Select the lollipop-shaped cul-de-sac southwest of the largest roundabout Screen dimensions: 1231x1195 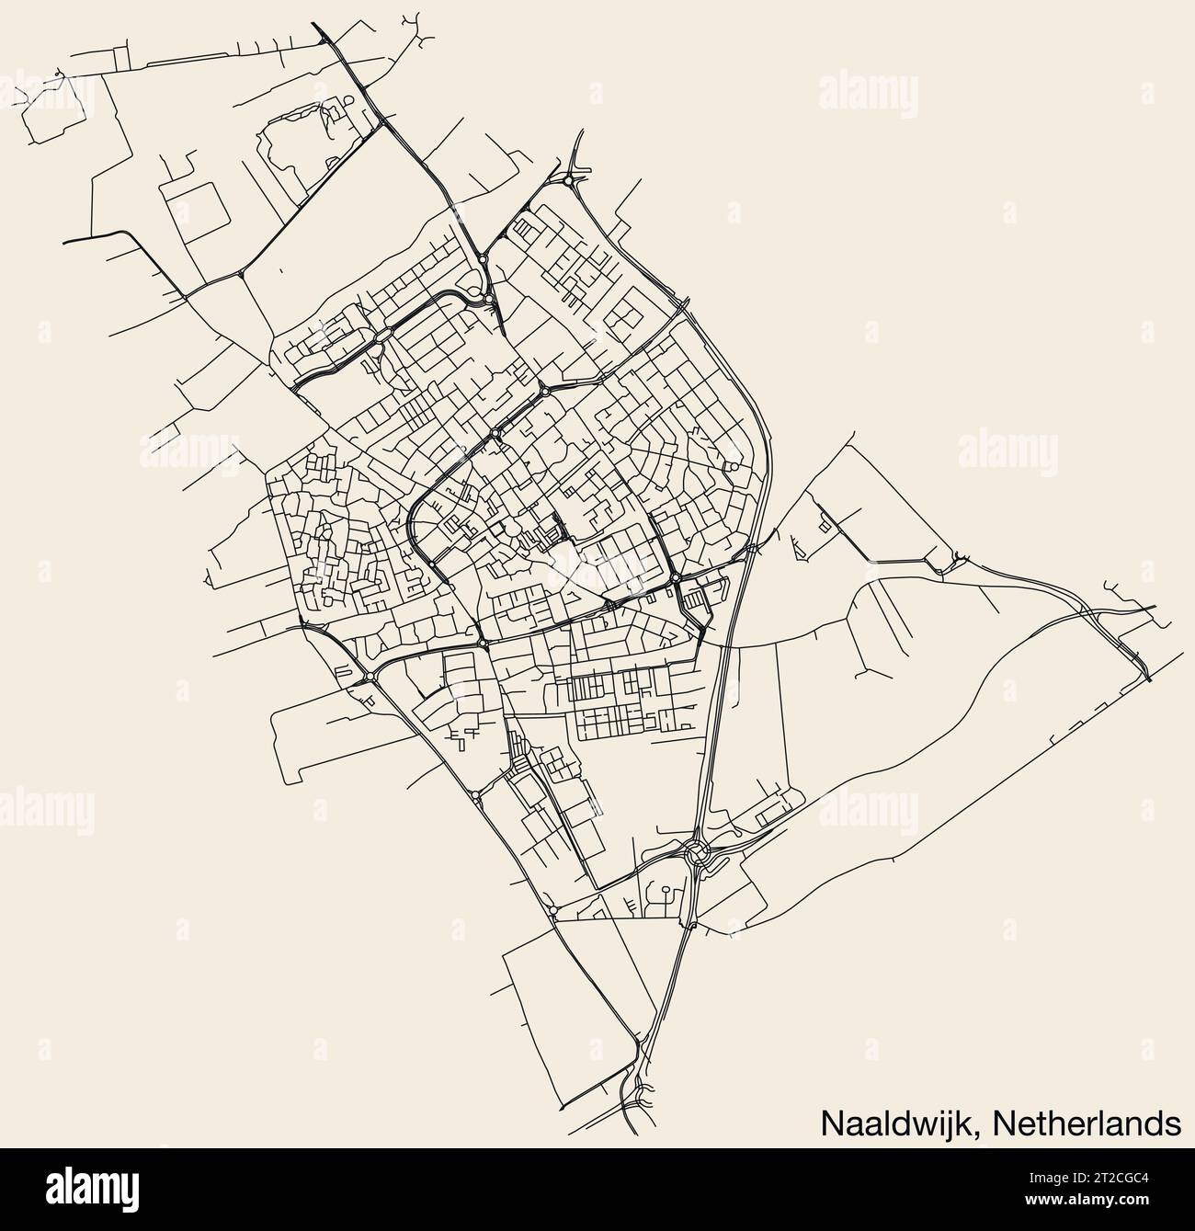point(664,893)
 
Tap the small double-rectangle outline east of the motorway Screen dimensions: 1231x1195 point(823,524)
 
